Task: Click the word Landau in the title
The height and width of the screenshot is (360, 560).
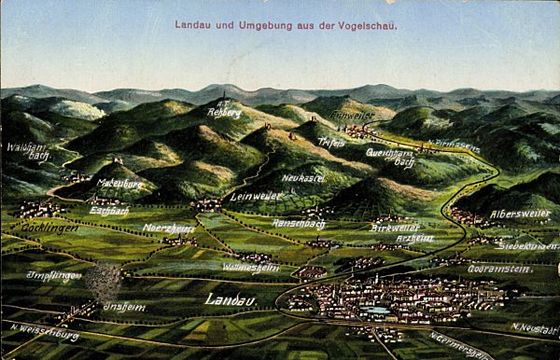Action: (193, 25)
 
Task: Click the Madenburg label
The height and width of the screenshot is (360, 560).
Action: (119, 183)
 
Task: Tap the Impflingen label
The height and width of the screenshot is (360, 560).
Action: (53, 275)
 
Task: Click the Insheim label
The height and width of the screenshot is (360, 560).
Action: (123, 306)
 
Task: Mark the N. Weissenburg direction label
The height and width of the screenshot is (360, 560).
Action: (44, 332)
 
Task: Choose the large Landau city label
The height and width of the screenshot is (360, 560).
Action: (230, 299)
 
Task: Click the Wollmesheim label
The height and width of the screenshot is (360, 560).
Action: (250, 267)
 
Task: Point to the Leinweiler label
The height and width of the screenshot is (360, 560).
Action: (255, 196)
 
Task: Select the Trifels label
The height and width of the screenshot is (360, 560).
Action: (330, 143)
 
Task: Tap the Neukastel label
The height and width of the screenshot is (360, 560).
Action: (303, 177)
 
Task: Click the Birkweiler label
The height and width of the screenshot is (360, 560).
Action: (395, 227)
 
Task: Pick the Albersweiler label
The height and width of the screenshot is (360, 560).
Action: (520, 214)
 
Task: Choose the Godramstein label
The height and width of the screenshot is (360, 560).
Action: (498, 269)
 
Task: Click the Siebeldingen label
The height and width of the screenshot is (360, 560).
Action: (527, 245)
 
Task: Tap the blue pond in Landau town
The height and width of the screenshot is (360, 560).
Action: (375, 310)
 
